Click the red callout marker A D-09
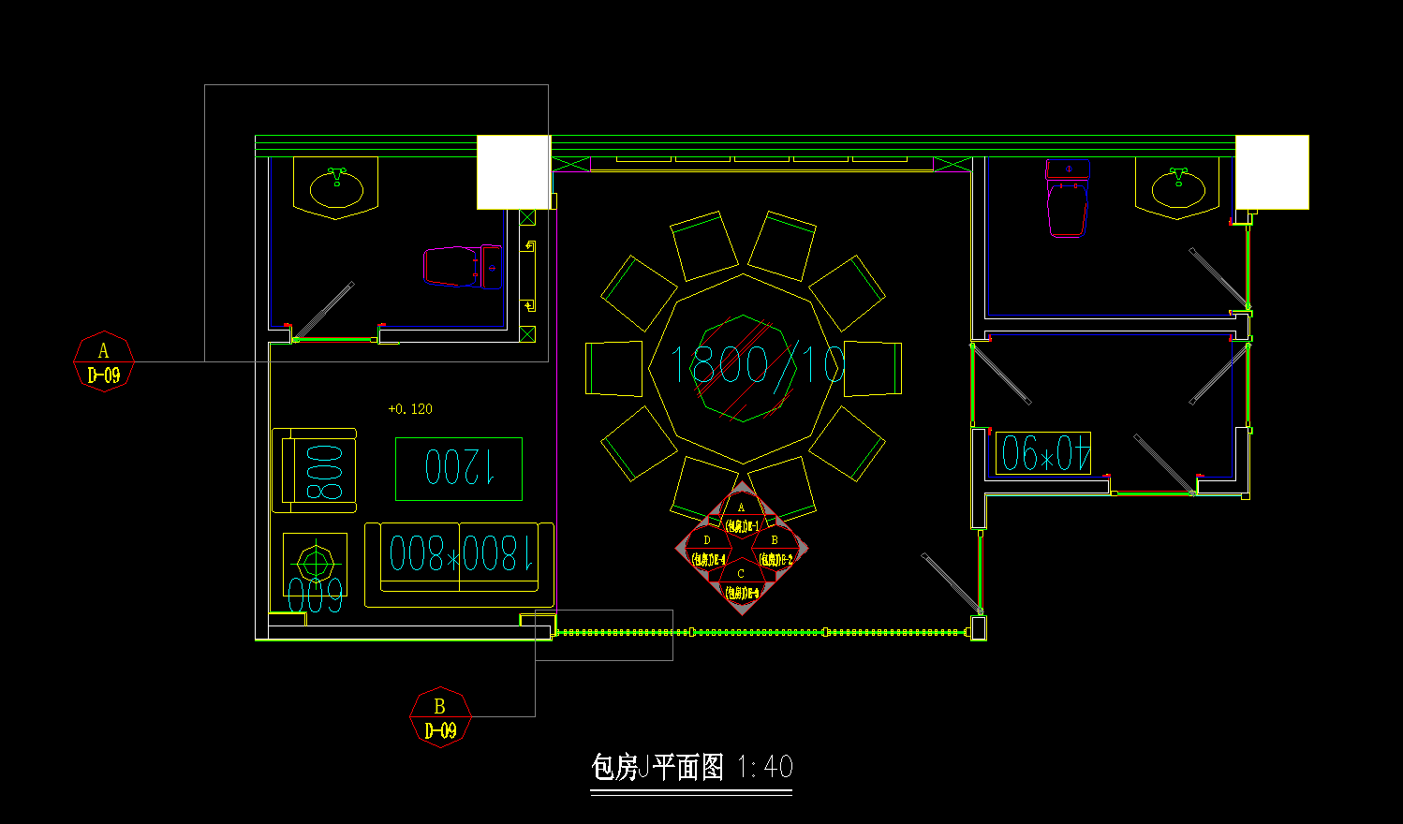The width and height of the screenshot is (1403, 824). click(104, 361)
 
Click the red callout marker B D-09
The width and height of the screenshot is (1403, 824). click(440, 718)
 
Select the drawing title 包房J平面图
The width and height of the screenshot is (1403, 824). click(657, 768)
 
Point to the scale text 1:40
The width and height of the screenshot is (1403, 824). click(765, 768)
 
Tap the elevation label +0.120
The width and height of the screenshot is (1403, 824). click(410, 409)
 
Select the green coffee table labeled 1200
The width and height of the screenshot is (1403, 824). click(459, 468)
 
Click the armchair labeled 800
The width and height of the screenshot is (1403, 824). click(315, 471)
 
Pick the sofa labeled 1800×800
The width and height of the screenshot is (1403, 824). click(459, 558)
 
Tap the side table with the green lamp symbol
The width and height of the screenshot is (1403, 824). click(315, 564)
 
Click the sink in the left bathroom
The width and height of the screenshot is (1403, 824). click(336, 188)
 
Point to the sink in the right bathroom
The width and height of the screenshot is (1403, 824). click(1177, 188)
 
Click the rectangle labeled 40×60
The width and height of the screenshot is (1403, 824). click(1043, 453)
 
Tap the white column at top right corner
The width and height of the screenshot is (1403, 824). click(1272, 172)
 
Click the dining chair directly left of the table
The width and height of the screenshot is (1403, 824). click(613, 368)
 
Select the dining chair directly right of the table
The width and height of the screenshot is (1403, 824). click(873, 368)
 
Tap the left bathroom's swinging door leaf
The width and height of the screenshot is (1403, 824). click(324, 310)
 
